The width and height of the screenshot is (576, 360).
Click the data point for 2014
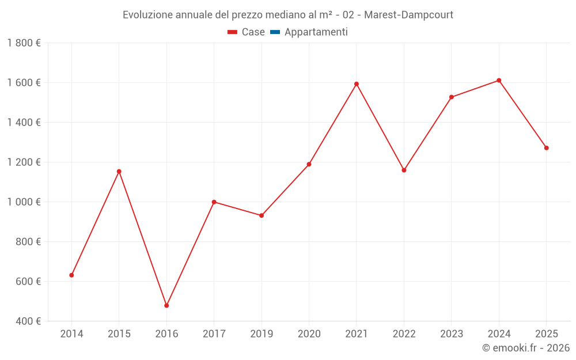(x=71, y=275)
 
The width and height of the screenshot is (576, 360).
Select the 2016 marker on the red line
(x=166, y=306)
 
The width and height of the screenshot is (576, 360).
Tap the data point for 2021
(x=357, y=84)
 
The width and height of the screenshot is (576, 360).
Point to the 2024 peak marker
(x=499, y=81)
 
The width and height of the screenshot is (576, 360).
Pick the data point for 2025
(x=546, y=148)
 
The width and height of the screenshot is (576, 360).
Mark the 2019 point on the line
(x=262, y=215)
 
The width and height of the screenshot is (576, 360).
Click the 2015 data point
(x=119, y=172)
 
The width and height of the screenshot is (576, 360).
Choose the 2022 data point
(x=404, y=170)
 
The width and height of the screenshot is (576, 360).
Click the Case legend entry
(x=246, y=32)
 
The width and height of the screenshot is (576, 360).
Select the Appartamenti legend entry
(x=309, y=32)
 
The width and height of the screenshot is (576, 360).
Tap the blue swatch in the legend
(x=275, y=32)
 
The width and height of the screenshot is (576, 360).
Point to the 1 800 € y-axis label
(x=24, y=43)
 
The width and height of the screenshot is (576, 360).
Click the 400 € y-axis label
(x=28, y=321)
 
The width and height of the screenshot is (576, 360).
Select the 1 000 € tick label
(x=24, y=202)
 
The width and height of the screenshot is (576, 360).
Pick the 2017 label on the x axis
(x=214, y=334)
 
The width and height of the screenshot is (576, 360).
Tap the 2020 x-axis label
(x=309, y=334)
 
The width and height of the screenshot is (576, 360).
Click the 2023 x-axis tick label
(x=452, y=334)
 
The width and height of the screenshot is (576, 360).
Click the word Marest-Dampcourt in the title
(x=408, y=15)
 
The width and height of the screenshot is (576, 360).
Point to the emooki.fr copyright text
(x=526, y=347)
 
